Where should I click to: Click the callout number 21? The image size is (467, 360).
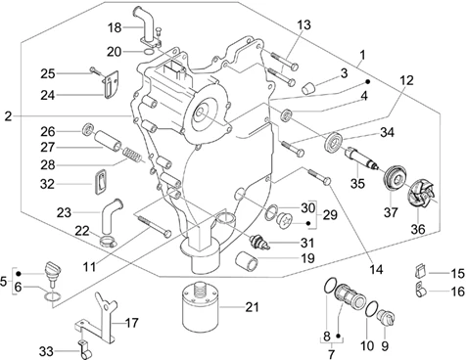(x=252, y=307)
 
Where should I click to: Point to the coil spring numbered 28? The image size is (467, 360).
(x=132, y=155)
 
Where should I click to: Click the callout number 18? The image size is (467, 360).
(x=115, y=27)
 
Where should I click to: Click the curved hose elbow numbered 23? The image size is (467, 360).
(x=112, y=215)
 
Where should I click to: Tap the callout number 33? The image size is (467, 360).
(x=46, y=351)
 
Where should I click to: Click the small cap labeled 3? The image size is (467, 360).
(x=308, y=88)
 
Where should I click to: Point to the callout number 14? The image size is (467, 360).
(x=376, y=269)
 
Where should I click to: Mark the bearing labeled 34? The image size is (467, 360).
(x=335, y=142)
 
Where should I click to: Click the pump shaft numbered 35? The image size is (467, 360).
(x=361, y=158)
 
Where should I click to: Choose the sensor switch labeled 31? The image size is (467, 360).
(x=259, y=243)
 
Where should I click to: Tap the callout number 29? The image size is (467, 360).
(x=329, y=215)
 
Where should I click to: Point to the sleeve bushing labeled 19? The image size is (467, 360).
(x=246, y=260)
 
